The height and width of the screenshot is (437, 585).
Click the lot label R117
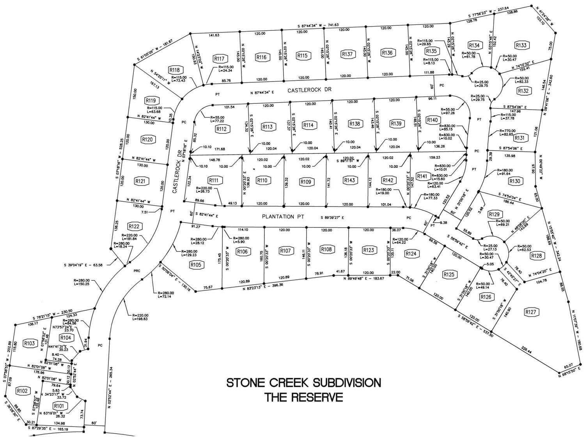(x=220, y=59)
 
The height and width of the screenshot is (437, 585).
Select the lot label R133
(x=521, y=45)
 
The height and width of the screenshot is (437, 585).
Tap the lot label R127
(x=531, y=312)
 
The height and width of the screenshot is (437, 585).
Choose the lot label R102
(x=22, y=391)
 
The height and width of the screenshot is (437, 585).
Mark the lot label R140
(x=433, y=120)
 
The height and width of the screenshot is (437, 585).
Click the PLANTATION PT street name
(x=283, y=217)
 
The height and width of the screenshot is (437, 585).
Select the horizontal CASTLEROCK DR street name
(x=309, y=90)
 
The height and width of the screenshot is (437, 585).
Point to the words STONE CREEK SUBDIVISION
(x=304, y=382)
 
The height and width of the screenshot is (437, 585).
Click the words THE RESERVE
(x=304, y=398)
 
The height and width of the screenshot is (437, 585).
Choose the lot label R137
(x=347, y=54)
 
